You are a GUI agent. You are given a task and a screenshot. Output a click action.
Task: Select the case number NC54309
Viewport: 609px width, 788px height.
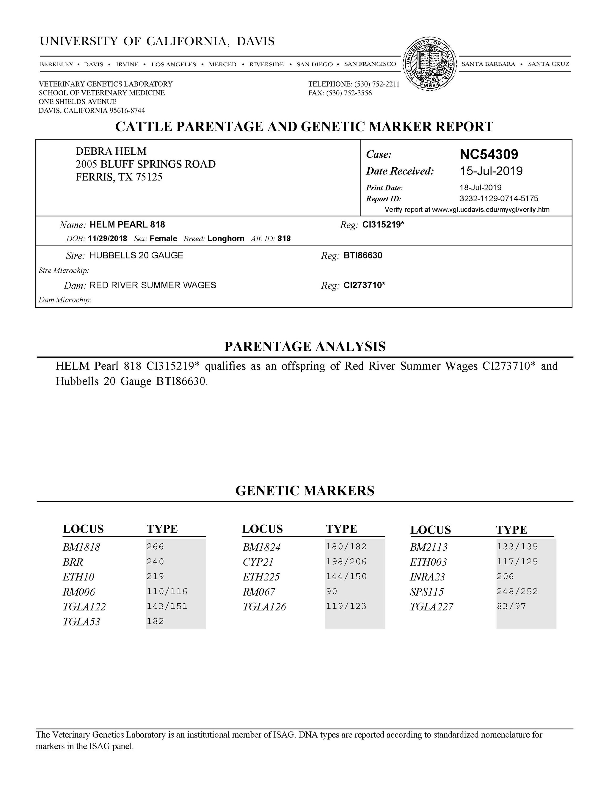[x=489, y=154]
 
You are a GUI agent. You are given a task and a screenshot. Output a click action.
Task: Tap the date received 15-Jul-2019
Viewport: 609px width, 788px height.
[x=491, y=171]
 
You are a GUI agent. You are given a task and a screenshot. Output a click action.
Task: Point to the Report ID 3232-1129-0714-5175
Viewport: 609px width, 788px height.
[x=499, y=198]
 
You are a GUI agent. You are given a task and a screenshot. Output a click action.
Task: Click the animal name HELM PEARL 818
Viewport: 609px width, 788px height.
[x=127, y=225]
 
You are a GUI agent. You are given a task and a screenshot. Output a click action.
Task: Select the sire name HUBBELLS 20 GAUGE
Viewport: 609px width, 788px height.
[x=136, y=255]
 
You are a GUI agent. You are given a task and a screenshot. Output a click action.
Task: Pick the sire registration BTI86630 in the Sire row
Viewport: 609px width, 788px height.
[x=362, y=255]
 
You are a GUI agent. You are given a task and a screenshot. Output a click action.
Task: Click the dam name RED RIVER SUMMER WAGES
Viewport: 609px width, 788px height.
[x=153, y=285]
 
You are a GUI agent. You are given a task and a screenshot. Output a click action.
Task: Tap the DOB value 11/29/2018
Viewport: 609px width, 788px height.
[x=108, y=238]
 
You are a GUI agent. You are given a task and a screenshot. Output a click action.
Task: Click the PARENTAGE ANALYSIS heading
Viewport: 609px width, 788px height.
[x=305, y=346]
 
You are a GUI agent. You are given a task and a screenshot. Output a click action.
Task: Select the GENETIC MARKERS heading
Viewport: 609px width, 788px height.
[x=305, y=491]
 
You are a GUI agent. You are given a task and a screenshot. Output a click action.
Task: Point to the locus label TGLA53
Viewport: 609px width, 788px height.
[x=81, y=622]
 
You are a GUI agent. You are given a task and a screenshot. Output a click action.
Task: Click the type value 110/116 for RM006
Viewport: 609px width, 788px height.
[x=167, y=591]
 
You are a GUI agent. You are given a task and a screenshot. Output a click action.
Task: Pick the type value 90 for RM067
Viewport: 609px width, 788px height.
[x=332, y=591]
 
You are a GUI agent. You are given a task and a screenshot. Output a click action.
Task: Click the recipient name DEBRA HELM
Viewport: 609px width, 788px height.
[x=111, y=151]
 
